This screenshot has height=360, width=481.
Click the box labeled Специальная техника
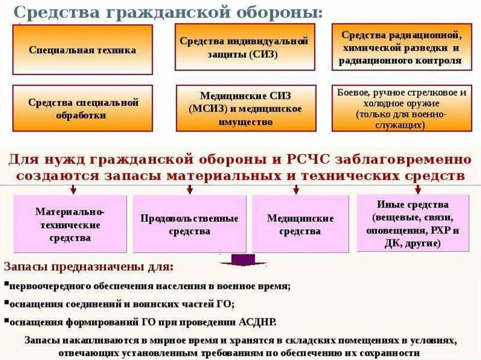(x=82, y=50)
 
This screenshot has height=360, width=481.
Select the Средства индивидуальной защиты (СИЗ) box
(x=244, y=47)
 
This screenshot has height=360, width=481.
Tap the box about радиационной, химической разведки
(x=402, y=47)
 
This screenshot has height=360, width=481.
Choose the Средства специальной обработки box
(x=82, y=108)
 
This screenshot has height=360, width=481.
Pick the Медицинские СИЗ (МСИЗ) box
(x=244, y=108)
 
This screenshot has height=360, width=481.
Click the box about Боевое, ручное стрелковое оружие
(x=402, y=108)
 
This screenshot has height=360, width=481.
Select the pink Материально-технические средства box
(x=70, y=224)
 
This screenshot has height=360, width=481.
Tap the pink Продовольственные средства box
(x=189, y=224)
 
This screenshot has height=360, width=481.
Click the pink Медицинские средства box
(x=301, y=224)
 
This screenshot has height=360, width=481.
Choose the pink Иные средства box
(x=413, y=223)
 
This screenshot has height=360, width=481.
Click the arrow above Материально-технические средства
(x=73, y=189)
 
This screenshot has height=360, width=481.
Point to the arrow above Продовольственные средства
(x=190, y=189)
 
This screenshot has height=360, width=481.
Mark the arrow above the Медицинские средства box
(x=296, y=189)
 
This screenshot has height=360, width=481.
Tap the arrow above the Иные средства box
(x=418, y=189)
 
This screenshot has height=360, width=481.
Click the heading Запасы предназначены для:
(x=88, y=268)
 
